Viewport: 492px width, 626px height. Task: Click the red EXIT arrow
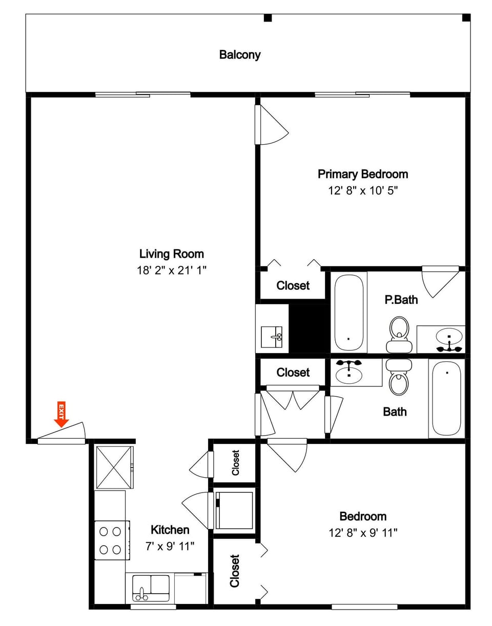(61, 414)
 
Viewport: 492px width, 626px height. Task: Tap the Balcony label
(240, 55)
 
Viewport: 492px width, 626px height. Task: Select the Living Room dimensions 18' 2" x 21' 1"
(172, 270)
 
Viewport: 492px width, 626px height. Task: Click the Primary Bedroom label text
(363, 174)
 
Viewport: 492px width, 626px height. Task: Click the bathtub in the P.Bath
(348, 312)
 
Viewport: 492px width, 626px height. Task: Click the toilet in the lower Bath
(399, 377)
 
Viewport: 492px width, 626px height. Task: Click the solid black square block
(309, 328)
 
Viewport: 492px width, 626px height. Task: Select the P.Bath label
(401, 300)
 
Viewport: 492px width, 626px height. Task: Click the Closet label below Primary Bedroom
(293, 286)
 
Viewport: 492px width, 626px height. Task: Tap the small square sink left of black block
(272, 337)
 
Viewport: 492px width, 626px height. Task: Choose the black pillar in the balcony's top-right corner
(466, 18)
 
